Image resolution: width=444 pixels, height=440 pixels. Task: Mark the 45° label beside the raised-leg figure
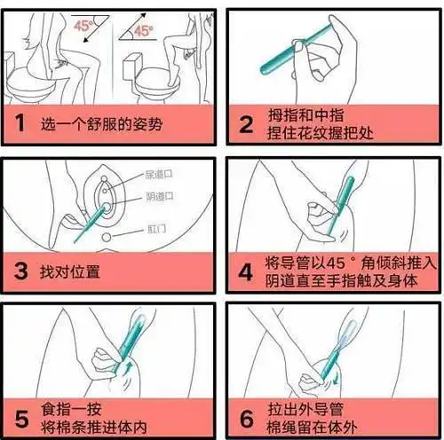[144, 30]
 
